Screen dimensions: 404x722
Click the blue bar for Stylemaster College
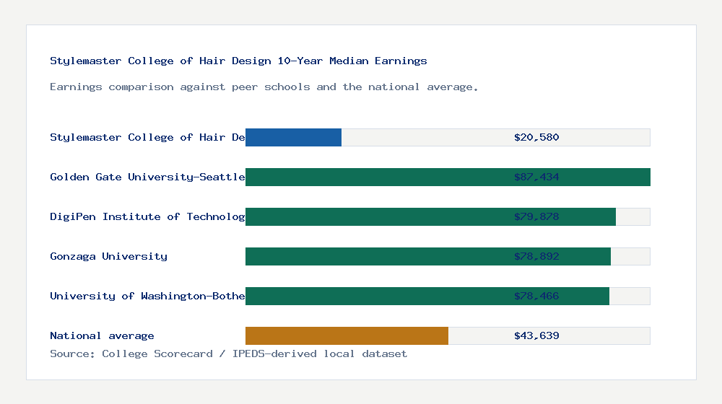[x=293, y=137]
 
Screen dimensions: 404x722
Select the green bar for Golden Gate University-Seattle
[x=448, y=177]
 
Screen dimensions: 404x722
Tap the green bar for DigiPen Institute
[x=430, y=216]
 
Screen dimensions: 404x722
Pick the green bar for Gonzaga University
[x=428, y=256]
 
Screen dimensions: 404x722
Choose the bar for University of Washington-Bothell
[x=427, y=296]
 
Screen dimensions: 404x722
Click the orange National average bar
[x=347, y=335]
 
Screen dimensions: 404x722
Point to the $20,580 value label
[x=536, y=137]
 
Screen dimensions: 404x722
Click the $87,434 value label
[x=536, y=177]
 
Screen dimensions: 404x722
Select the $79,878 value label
[x=536, y=216]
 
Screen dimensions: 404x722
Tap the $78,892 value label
[x=536, y=256]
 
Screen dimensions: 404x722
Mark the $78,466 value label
[x=536, y=296]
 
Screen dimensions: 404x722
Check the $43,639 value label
[x=536, y=335]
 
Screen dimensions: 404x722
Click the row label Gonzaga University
[x=108, y=256]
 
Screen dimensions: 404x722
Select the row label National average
[x=102, y=335]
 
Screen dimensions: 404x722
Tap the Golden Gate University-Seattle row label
[x=147, y=177]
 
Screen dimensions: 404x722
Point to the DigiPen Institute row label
[x=147, y=216]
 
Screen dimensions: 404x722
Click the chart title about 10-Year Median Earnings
[x=238, y=61]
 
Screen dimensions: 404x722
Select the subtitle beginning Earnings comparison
[x=264, y=87]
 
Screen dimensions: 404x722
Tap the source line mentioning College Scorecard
[x=228, y=353]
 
